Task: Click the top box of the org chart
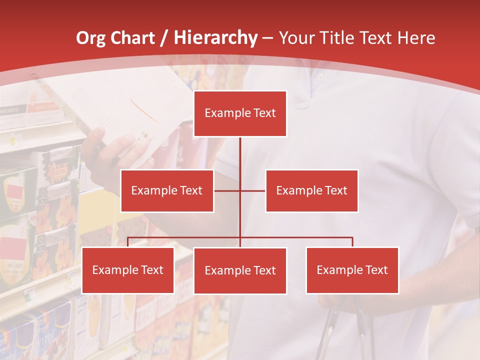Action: point(240,113)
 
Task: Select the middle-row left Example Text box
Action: point(167,190)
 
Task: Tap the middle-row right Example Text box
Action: point(311,190)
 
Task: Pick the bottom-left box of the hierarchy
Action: point(128,270)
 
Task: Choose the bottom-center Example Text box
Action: point(240,270)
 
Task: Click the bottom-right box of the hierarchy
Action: point(352,270)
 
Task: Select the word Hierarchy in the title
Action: point(215,38)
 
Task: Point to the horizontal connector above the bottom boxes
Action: point(295,237)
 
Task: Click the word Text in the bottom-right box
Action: point(376,270)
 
